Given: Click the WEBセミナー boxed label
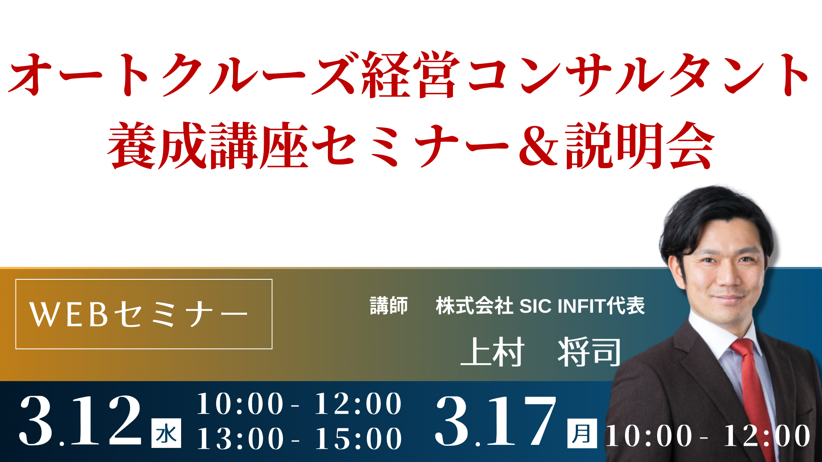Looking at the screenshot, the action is click(x=144, y=314).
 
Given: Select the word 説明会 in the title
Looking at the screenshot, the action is click(x=640, y=145).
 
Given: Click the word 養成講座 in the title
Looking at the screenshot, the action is click(x=208, y=145).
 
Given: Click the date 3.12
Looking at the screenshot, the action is click(x=80, y=421).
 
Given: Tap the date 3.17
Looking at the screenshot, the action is click(x=496, y=421).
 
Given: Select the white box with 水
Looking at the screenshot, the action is click(x=166, y=433).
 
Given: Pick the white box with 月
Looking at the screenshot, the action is click(x=582, y=433).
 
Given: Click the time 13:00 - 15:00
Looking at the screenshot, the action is click(x=299, y=439).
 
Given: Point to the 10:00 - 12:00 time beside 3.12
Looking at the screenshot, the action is click(x=299, y=404).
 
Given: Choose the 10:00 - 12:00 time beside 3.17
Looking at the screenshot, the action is click(x=708, y=436).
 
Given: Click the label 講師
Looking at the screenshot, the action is click(x=389, y=306).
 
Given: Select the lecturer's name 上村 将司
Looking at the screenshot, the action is click(x=540, y=352).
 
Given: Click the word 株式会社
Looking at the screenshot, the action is click(x=474, y=306).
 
